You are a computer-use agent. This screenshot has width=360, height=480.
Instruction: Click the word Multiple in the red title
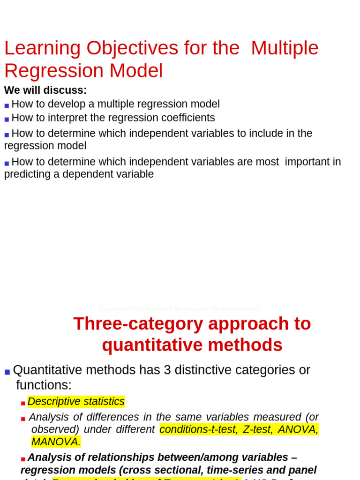[285, 48]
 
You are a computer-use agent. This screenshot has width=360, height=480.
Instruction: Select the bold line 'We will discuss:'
[45, 90]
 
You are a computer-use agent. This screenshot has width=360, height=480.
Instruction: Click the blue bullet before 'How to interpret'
[7, 119]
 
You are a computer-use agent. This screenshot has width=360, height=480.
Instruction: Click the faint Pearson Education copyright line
[179, 309]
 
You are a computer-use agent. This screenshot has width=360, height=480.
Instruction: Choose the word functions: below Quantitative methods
[44, 385]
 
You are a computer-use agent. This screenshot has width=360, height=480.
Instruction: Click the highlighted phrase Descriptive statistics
[76, 402]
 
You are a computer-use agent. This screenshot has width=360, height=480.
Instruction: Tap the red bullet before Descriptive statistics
[23, 403]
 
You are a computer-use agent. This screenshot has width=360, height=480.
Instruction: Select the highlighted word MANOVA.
[56, 442]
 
